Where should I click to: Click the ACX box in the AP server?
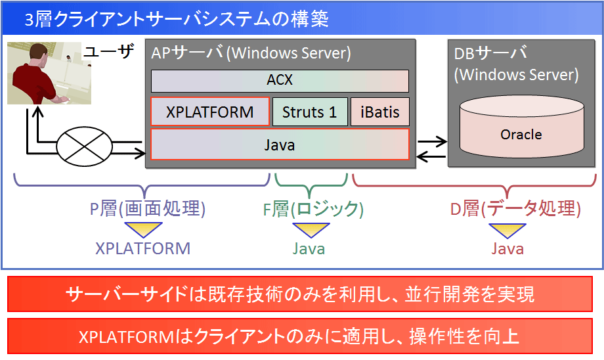(280, 81)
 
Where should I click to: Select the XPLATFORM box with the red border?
(210, 112)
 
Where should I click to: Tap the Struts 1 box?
(310, 112)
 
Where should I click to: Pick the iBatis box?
(380, 112)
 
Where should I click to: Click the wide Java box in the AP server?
(280, 144)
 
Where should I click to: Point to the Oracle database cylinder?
(521, 127)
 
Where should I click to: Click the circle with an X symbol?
(84, 146)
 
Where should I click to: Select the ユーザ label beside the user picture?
(109, 51)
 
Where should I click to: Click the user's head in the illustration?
(39, 53)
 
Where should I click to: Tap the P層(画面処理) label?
(148, 208)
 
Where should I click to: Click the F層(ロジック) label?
(313, 209)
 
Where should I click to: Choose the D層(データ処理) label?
(515, 208)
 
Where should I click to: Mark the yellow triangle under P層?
(143, 229)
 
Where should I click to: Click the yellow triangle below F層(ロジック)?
(311, 229)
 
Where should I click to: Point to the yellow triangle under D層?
(507, 230)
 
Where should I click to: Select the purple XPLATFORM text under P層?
(143, 248)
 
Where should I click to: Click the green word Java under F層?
(309, 248)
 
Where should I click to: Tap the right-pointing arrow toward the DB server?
(433, 141)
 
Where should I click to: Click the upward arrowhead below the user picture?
(38, 112)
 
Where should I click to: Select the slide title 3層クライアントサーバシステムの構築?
(177, 19)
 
